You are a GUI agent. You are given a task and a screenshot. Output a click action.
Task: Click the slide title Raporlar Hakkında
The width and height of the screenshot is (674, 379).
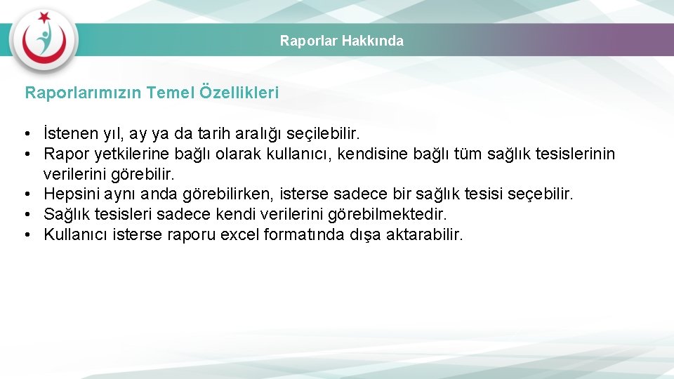[342, 41]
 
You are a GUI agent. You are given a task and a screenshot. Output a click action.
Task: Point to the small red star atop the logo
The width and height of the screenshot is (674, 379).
[45, 16]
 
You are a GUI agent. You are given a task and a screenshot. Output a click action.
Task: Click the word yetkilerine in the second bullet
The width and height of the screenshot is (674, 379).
[128, 153]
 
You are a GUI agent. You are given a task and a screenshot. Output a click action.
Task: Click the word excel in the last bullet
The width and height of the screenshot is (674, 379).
[239, 234]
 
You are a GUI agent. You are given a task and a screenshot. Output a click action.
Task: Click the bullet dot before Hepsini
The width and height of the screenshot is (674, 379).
[25, 194]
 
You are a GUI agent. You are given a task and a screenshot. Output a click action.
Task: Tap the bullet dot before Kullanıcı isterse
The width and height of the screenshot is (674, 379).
[25, 235]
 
